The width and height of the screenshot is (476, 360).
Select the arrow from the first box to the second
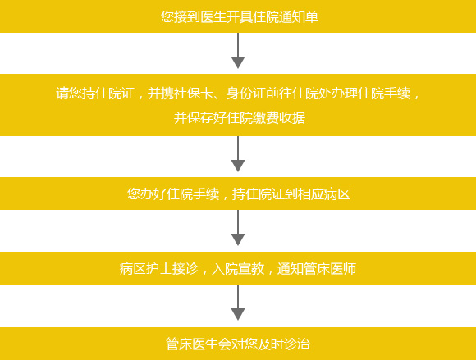tap(238, 50)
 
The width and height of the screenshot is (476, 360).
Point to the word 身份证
tap(246, 93)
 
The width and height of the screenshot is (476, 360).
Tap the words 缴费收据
tap(279, 117)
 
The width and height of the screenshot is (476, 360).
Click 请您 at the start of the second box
tap(69, 93)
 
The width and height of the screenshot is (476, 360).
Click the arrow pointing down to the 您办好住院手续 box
tap(238, 154)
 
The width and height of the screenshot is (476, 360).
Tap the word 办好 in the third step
tap(153, 194)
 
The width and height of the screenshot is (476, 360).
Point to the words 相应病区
tap(324, 194)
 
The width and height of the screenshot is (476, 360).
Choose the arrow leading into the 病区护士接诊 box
tap(238, 228)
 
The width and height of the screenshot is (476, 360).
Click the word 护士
tap(158, 268)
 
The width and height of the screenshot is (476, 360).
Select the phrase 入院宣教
tap(238, 268)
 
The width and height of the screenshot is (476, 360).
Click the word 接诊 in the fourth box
tap(185, 268)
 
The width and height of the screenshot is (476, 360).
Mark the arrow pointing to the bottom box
tap(238, 303)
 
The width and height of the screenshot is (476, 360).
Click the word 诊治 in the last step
tap(297, 344)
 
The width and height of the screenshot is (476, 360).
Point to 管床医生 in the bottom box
tap(192, 344)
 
